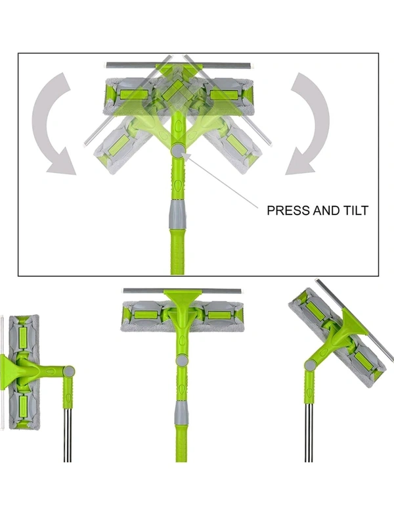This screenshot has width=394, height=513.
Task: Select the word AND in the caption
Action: [326, 210]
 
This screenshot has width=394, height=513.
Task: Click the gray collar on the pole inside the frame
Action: [177, 214]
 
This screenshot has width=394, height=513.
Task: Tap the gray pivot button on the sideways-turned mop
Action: [69, 372]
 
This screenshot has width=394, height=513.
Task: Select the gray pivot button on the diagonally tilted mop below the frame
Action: [310, 364]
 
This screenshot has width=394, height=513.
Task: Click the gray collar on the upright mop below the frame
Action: [182, 413]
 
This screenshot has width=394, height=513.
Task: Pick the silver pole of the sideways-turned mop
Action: [67, 435]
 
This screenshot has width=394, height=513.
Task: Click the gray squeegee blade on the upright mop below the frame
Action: [183, 291]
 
